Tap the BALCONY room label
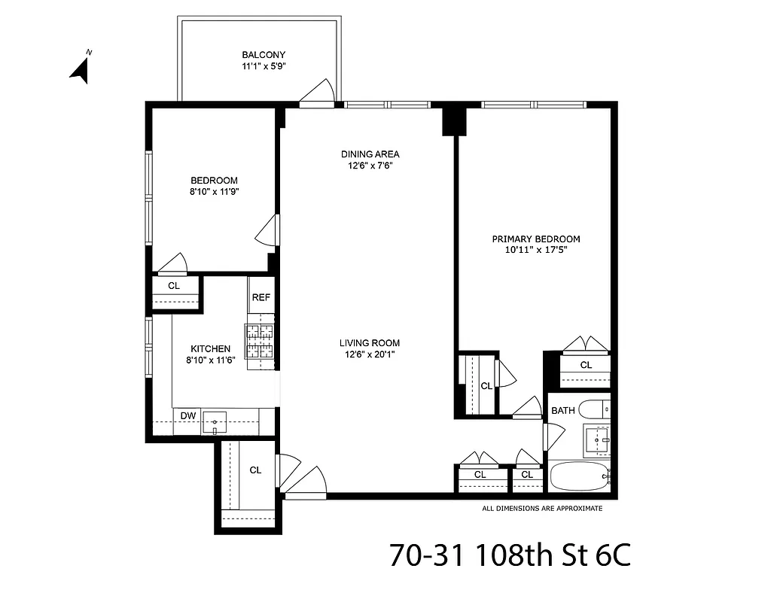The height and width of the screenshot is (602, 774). click(263, 55)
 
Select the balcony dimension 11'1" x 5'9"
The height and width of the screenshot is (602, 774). click(263, 66)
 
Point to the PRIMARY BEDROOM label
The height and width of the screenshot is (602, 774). click(536, 239)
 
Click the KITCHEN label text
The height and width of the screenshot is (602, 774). click(210, 348)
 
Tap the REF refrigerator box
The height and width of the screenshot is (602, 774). click(261, 297)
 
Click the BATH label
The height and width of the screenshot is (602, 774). click(563, 411)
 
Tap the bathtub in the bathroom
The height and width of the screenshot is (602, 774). click(578, 476)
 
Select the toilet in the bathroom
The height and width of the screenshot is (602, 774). click(598, 410)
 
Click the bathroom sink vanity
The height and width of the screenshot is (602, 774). click(598, 439)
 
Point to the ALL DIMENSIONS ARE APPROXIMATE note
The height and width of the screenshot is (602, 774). click(542, 509)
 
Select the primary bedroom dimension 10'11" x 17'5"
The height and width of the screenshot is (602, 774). click(536, 251)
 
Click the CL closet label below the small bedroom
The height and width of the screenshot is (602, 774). click(174, 286)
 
